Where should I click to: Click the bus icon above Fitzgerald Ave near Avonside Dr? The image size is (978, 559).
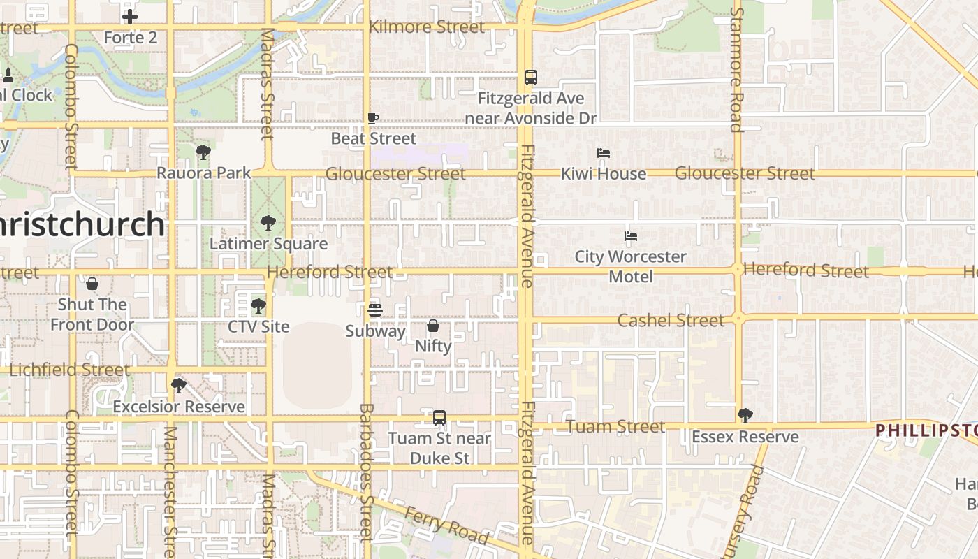[531, 78]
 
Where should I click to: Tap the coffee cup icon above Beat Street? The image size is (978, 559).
[373, 118]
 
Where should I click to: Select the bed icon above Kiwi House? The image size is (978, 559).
[604, 153]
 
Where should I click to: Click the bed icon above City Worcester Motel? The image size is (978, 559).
[631, 236]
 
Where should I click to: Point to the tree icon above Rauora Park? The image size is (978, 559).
[203, 152]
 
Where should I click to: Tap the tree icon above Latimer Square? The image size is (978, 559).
[268, 223]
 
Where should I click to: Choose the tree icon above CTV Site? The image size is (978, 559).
[258, 305]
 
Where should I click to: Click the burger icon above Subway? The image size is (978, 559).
[375, 310]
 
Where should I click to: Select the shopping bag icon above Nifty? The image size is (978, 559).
[433, 326]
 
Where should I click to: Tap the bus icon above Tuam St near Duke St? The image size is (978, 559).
[439, 418]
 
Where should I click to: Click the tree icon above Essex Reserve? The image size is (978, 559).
[745, 416]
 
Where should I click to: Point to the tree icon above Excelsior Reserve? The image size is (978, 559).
[179, 385]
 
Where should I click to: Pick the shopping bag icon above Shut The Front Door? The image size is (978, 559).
[92, 284]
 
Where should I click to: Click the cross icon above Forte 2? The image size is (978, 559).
[130, 17]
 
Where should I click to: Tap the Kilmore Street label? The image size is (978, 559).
[426, 27]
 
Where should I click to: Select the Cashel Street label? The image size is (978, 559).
[671, 321]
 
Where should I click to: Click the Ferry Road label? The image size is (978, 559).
[448, 525]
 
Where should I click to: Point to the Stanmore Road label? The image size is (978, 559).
[736, 70]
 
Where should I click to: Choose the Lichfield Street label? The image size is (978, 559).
[69, 370]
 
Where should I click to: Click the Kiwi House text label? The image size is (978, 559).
[604, 174]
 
